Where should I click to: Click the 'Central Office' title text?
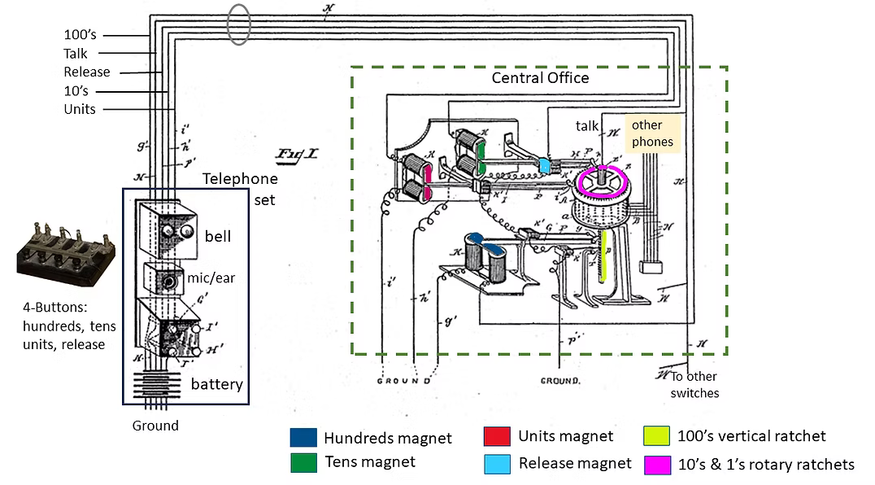540,78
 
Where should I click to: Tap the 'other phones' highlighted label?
652,133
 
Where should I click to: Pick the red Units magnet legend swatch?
495,436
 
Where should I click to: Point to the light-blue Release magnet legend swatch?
495,463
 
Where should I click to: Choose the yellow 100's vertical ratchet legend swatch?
656,436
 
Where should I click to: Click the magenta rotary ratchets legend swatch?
656,464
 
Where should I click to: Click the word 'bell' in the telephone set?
218,236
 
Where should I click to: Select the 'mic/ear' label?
213,278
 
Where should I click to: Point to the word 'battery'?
216,383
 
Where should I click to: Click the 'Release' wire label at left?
86,72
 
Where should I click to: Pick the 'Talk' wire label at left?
76,54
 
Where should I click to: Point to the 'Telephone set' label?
240,187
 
